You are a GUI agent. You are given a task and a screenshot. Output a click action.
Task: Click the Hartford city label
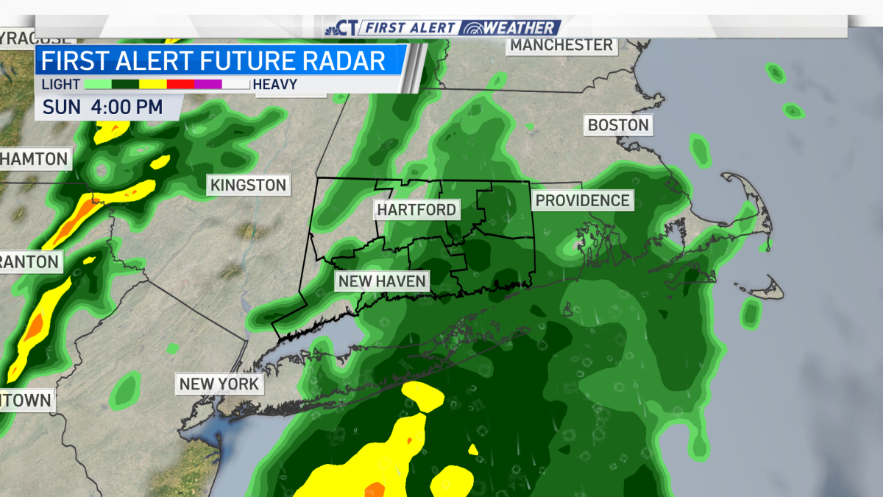point(416,210)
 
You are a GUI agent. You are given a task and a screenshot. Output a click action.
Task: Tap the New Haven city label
point(382,281)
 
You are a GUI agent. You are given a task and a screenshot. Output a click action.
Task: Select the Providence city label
point(583,200)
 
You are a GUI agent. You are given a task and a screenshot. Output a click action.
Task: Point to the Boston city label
point(618,125)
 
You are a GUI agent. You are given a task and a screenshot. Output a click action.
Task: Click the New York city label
point(219,384)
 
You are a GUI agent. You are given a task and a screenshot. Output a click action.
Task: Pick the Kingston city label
point(249,185)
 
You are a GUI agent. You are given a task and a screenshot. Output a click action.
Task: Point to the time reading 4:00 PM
point(127,107)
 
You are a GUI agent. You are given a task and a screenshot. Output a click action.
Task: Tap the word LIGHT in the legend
point(61,85)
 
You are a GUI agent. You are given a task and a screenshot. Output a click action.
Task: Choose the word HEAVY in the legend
point(275,85)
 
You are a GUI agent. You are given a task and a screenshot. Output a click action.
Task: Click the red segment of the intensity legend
point(180,85)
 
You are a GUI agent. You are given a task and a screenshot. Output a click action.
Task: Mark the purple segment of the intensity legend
point(208,85)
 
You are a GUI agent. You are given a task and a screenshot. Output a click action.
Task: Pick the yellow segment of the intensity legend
point(153,85)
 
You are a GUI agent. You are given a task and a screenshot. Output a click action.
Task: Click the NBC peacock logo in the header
point(333,28)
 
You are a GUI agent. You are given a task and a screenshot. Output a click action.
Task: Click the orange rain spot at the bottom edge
point(375,489)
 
